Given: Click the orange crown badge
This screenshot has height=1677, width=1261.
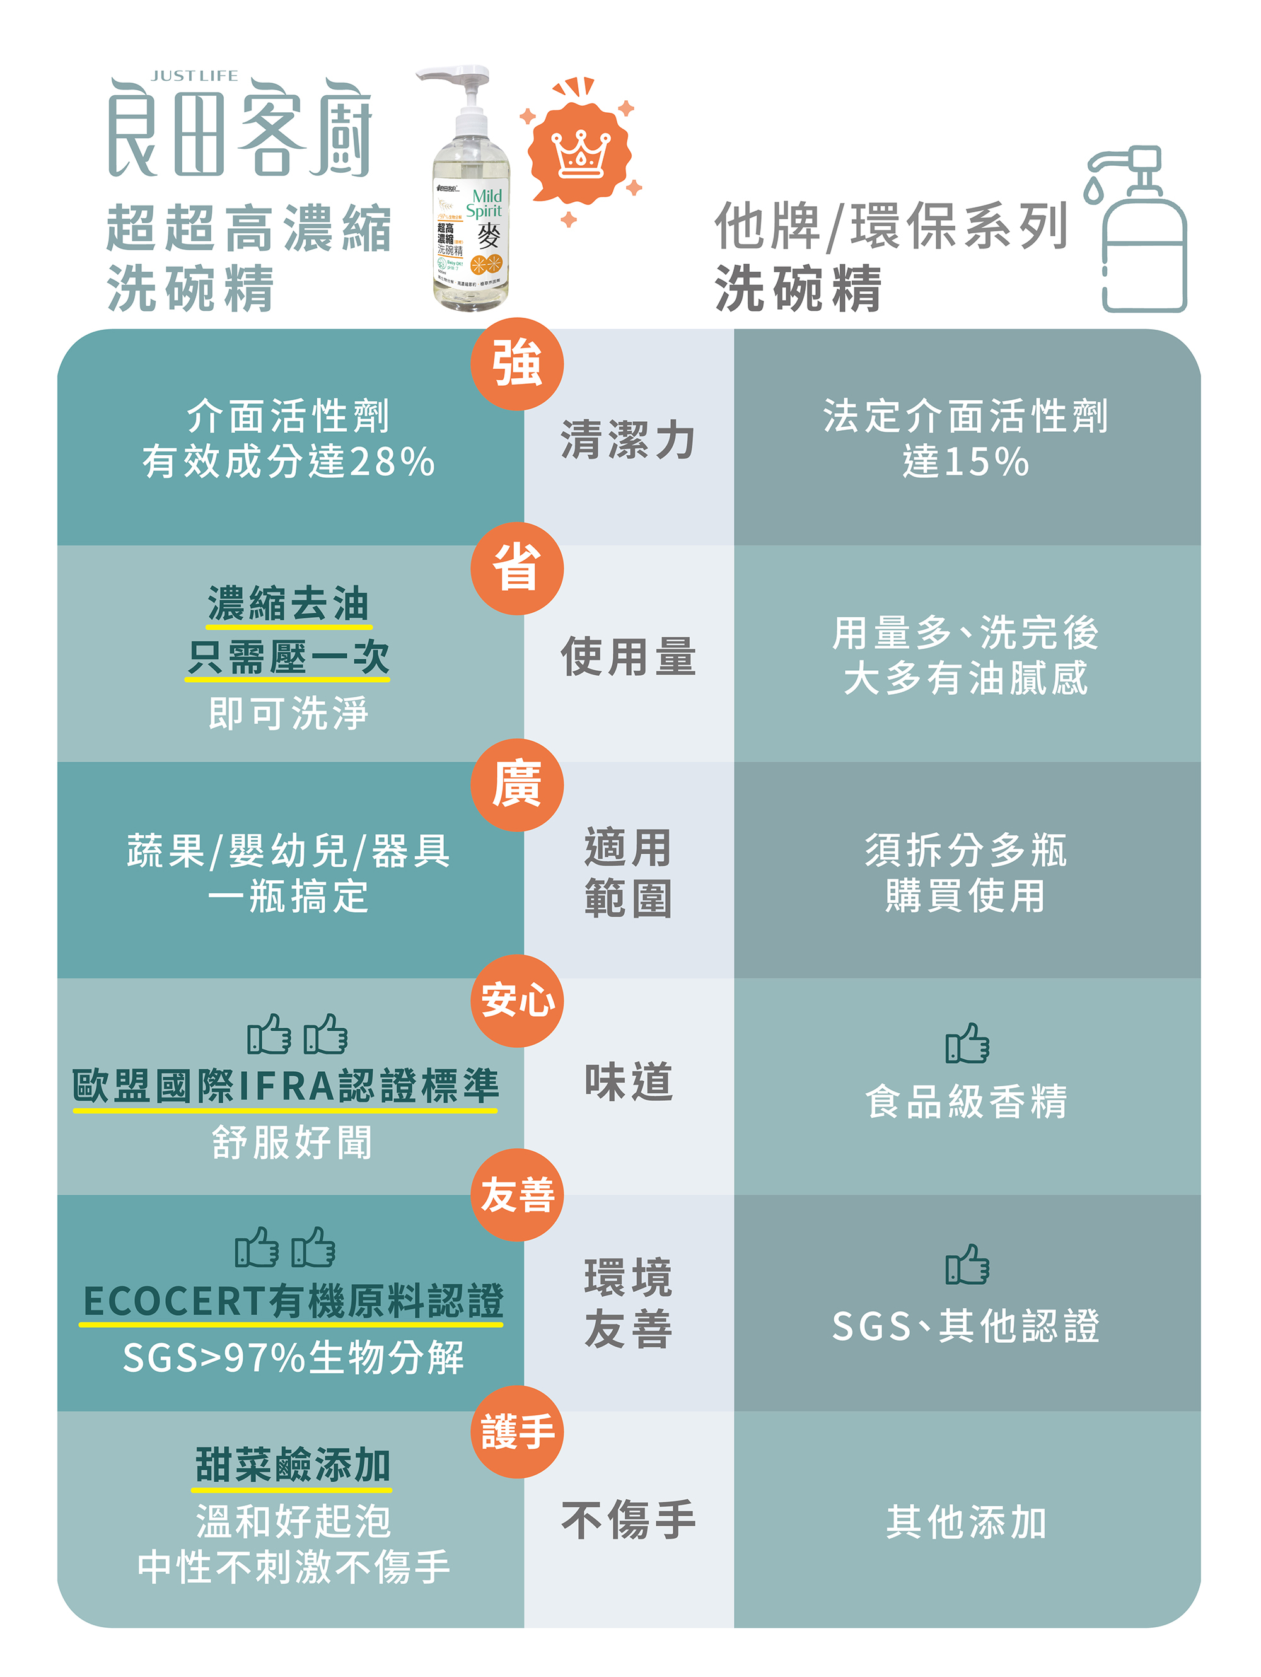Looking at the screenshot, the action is tap(580, 152).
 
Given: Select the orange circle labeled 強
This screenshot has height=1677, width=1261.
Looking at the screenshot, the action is tap(517, 364).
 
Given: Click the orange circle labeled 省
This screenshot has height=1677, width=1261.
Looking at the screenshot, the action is tap(517, 568).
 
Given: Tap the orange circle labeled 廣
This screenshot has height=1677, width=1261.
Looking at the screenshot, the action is tap(517, 785).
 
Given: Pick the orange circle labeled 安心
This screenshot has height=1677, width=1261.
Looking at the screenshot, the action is tap(517, 1001).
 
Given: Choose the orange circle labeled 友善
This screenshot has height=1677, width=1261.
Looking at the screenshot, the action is tap(517, 1195).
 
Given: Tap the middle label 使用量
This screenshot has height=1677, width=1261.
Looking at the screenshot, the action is tap(628, 656).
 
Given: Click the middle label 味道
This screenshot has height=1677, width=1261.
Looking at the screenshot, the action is tap(628, 1082).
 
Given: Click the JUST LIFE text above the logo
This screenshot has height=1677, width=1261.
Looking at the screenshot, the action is tap(194, 76).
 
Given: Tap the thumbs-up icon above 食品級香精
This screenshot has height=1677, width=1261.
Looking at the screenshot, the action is tap(967, 1043).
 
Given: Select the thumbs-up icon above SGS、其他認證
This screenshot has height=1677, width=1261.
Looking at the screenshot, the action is tap(967, 1264).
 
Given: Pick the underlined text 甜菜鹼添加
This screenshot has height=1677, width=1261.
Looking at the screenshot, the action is tap(292, 1465).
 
